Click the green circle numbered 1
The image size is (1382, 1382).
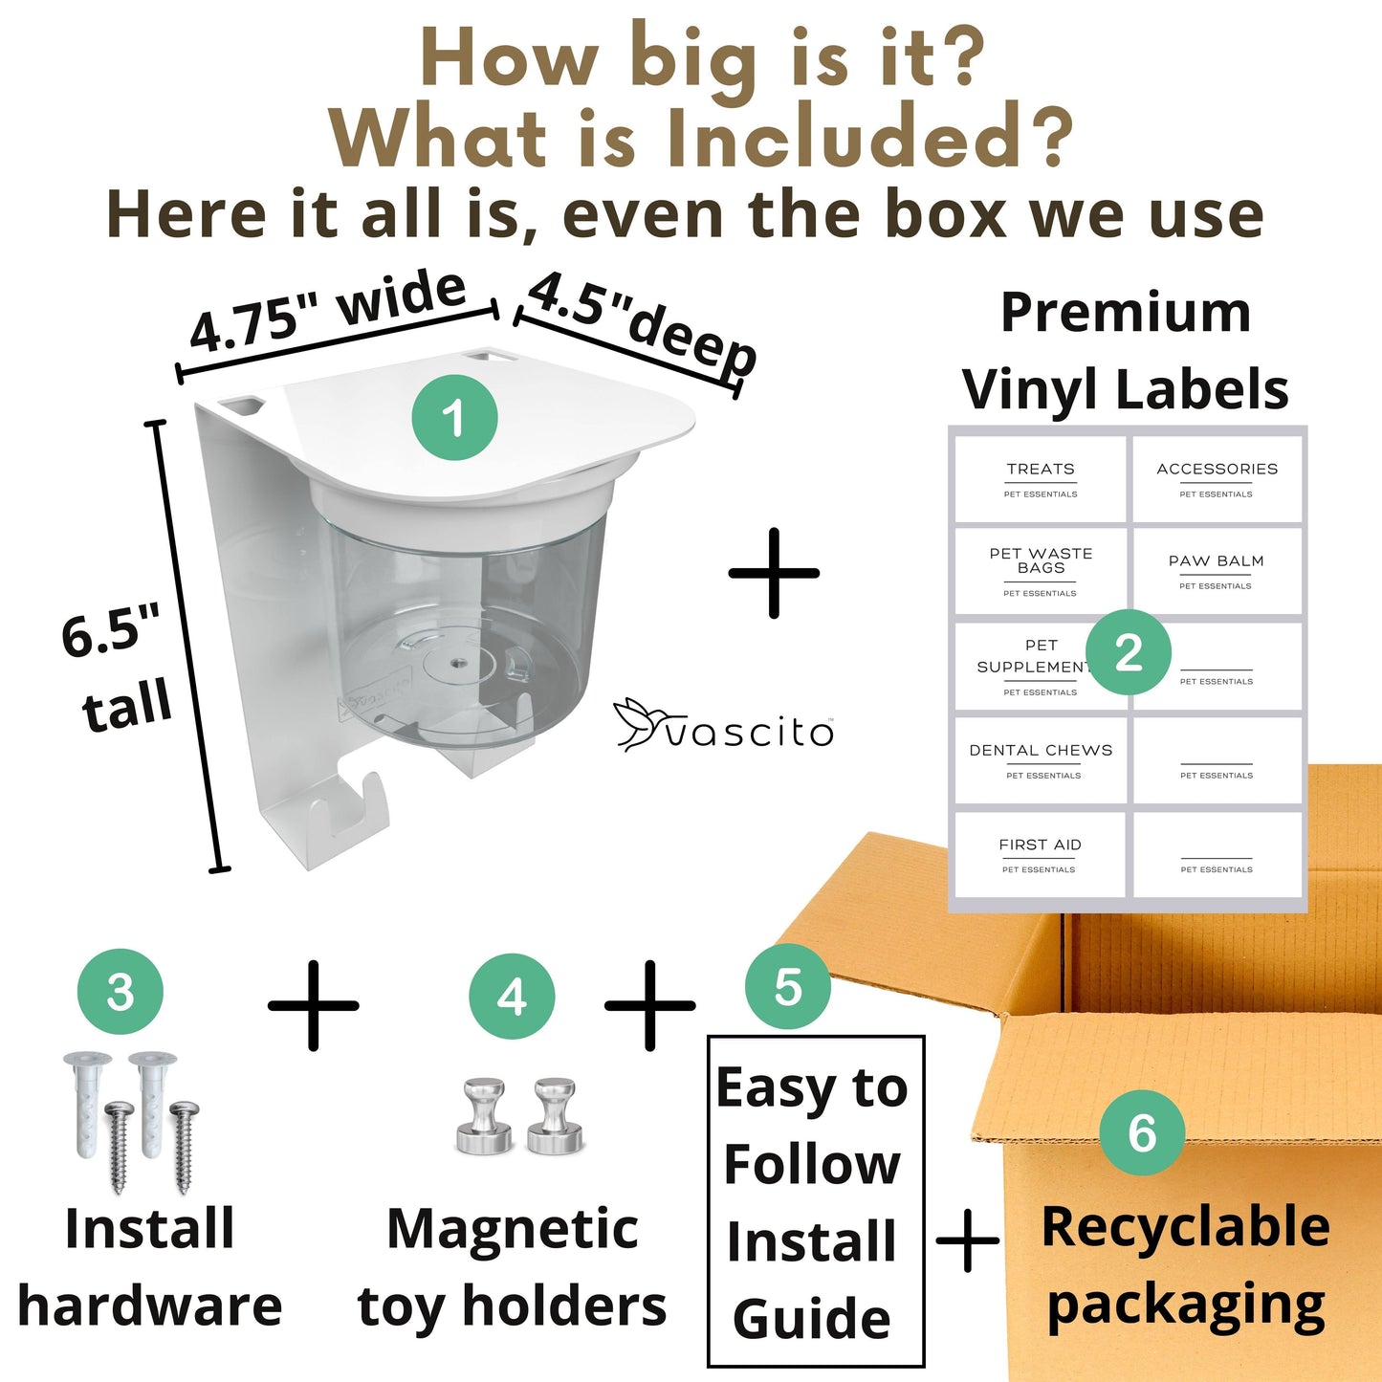454,417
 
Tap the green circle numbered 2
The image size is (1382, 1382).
1129,652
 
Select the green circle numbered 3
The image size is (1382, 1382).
120,992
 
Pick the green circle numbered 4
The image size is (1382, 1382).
512,997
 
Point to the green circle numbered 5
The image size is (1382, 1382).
787,987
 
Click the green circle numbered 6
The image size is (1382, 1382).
1142,1133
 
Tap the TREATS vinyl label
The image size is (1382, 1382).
1040,478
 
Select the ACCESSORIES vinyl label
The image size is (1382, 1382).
1217,478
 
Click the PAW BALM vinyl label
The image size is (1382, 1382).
1217,571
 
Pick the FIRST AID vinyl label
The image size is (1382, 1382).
1040,854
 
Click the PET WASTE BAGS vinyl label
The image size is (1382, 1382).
1040,571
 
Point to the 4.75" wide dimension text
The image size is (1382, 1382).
328,311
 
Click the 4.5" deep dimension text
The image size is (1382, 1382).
641,322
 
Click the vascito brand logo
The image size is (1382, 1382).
724,725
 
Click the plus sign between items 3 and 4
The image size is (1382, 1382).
313,1005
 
